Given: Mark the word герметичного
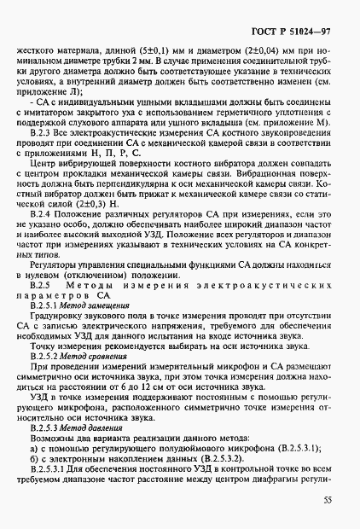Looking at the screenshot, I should [253, 111].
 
